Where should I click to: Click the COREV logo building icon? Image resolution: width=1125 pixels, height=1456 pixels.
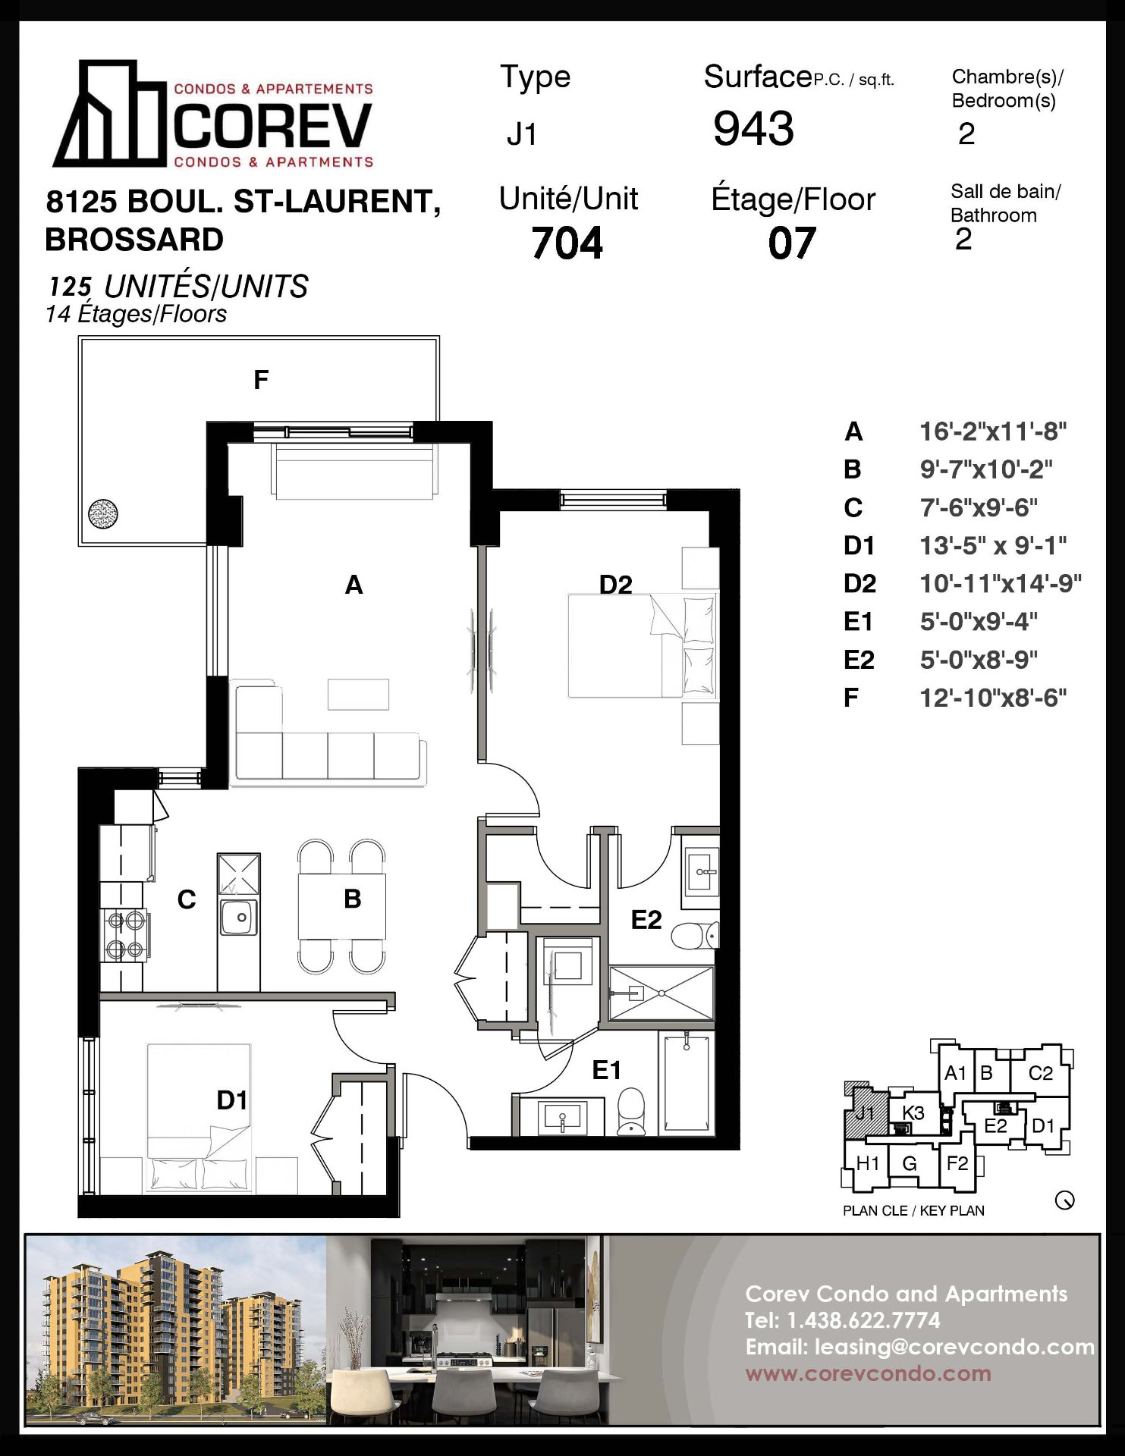pyautogui.click(x=110, y=114)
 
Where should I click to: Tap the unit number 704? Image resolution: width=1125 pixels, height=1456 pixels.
pyautogui.click(x=567, y=243)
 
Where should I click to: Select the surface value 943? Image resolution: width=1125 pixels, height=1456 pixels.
pyautogui.click(x=753, y=128)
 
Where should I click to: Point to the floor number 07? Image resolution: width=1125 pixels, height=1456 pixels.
pyautogui.click(x=791, y=243)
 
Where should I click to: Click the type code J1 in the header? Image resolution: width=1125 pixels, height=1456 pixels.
pyautogui.click(x=522, y=134)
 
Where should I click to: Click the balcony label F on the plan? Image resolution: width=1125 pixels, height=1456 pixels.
pyautogui.click(x=261, y=379)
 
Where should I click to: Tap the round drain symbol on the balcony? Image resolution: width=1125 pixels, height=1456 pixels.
pyautogui.click(x=103, y=514)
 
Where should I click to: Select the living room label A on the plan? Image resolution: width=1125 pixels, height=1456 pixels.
pyautogui.click(x=354, y=585)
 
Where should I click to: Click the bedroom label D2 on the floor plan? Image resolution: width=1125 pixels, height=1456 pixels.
pyautogui.click(x=615, y=585)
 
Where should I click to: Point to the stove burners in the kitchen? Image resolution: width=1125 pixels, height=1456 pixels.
pyautogui.click(x=125, y=934)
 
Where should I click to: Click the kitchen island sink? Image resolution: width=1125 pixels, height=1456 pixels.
pyautogui.click(x=239, y=917)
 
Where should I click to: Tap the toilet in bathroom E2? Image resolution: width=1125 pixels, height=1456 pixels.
pyautogui.click(x=695, y=935)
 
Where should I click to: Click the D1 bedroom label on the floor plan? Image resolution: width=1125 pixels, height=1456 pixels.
pyautogui.click(x=232, y=1100)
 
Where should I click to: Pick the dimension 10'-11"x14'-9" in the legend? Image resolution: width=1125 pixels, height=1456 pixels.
pyautogui.click(x=1001, y=583)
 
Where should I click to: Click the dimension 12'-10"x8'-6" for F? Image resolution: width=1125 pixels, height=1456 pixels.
pyautogui.click(x=993, y=697)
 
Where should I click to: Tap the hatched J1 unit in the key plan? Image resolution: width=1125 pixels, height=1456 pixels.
pyautogui.click(x=866, y=1113)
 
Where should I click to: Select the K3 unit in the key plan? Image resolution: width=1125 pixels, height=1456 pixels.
pyautogui.click(x=913, y=1112)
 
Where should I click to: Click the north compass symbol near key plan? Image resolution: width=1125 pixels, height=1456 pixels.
pyautogui.click(x=1064, y=1200)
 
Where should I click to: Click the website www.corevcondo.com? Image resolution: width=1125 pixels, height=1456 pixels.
pyautogui.click(x=868, y=1373)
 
